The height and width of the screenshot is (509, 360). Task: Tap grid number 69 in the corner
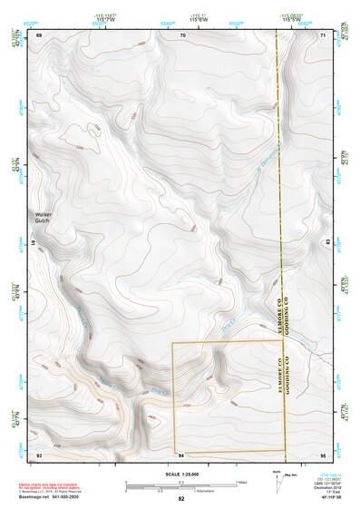point(39,34)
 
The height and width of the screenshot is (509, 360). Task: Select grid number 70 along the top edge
point(182,34)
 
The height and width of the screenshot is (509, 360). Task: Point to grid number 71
point(323,34)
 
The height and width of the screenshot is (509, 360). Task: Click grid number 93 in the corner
point(39,455)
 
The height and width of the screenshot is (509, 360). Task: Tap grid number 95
point(323,455)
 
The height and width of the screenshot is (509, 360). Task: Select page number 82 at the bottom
point(181,499)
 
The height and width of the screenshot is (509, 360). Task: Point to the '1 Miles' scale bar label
point(240,481)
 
